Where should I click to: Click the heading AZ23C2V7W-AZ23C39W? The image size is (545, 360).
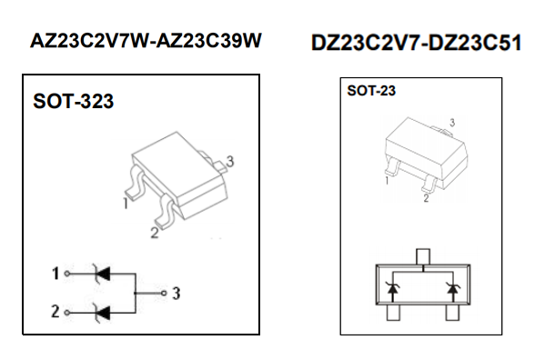coord(146,41)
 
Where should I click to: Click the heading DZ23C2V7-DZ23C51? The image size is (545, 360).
coord(416,43)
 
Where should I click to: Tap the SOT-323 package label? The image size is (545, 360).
coord(74,102)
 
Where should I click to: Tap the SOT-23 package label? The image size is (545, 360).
coord(371,91)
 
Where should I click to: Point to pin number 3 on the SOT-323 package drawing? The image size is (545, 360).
coord(230,162)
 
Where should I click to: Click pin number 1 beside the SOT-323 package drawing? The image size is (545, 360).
coord(126,203)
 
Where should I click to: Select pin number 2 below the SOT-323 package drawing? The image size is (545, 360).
coord(155,233)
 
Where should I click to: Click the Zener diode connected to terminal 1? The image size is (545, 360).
coord(102,274)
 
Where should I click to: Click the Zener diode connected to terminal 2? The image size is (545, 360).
coord(102,313)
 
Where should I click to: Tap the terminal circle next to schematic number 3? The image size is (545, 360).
coord(164,294)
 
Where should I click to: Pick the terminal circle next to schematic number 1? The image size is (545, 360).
coord(67,274)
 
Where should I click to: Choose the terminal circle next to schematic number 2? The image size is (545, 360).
coord(67,313)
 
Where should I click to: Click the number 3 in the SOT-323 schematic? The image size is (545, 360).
coord(177,294)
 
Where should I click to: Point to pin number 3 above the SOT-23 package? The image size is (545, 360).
coord(452,123)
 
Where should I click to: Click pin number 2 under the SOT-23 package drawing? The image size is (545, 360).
coord(426,198)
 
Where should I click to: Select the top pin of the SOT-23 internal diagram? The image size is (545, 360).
coord(423,256)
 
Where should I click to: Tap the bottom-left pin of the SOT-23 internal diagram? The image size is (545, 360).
coord(393,313)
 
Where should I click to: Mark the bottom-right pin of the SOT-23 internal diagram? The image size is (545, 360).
coord(452,313)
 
